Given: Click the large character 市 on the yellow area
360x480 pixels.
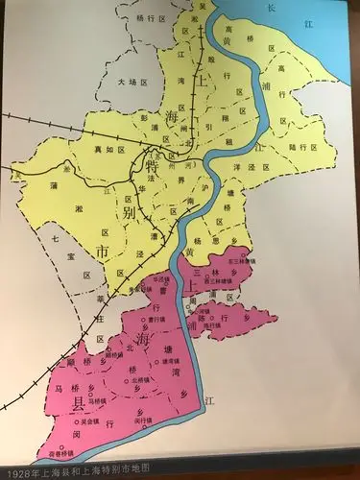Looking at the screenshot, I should pos(102,252).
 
